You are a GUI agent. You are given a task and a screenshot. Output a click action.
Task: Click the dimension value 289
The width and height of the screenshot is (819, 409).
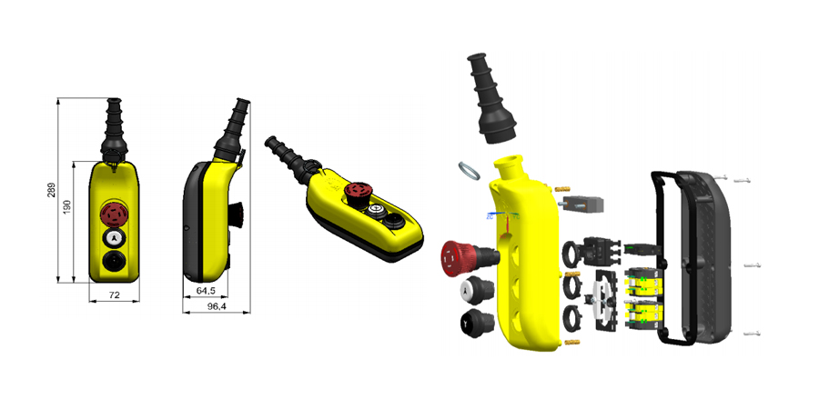point(51,190)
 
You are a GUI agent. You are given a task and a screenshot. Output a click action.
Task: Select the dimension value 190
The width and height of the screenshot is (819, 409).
point(66,208)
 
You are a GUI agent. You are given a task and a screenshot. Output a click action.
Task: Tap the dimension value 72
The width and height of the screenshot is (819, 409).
point(114,295)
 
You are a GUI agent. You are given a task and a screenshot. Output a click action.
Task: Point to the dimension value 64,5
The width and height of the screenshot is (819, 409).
point(206,290)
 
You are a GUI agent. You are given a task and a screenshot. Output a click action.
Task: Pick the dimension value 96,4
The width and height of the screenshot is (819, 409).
point(217,307)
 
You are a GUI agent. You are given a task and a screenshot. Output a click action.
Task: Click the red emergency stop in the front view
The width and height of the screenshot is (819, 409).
point(114,214)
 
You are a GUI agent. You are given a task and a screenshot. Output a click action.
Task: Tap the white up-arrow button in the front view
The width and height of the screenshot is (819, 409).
point(114,238)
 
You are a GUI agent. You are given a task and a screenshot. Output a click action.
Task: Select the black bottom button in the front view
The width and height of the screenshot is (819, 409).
point(114,260)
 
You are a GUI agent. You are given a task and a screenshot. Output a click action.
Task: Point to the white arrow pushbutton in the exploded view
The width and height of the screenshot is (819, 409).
point(476,291)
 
